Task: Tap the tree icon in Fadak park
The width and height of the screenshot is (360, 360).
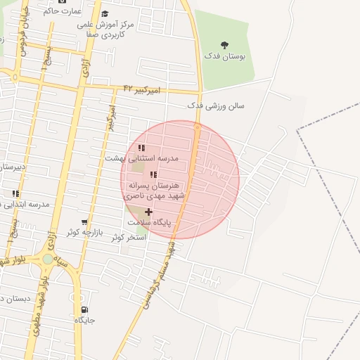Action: coord(224,46)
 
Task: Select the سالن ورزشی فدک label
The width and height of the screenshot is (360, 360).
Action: coord(216,105)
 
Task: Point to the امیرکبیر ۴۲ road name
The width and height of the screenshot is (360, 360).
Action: coord(142,89)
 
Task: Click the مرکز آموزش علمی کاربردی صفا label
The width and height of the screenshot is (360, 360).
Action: coord(101,29)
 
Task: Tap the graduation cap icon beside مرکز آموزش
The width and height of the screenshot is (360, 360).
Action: coord(105,14)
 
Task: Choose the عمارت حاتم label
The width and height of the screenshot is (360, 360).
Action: coord(63,11)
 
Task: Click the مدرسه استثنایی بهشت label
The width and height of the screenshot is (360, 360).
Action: coord(142,158)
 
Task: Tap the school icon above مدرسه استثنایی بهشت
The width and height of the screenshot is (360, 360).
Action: coord(141,148)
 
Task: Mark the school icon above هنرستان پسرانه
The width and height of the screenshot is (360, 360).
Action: coord(153,174)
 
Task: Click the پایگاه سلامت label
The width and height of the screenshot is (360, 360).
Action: coord(149,221)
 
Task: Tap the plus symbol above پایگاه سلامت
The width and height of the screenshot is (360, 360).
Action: coord(148,212)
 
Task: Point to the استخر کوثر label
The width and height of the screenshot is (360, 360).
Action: coord(128,237)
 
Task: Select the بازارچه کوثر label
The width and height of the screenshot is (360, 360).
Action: coord(85,231)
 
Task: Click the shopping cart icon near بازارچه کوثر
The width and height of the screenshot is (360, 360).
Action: coord(84,222)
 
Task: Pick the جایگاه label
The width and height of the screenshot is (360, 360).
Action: coord(84,320)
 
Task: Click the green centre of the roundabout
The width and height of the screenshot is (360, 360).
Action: coord(47,259)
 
